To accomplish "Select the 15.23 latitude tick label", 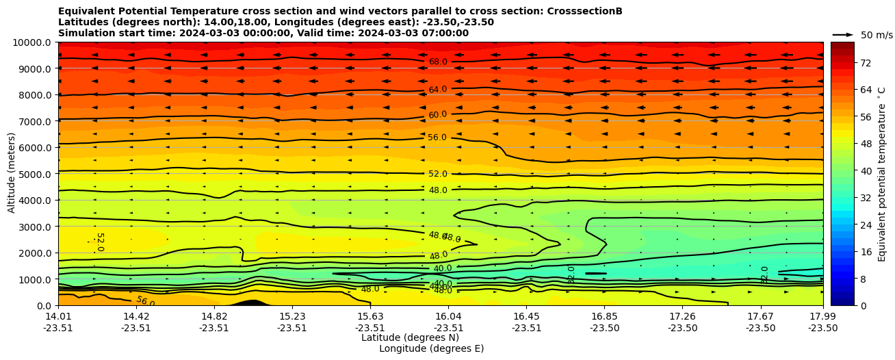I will (292, 316).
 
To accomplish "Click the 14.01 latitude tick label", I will (58, 316).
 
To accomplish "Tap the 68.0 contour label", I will (438, 62).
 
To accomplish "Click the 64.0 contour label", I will (438, 90).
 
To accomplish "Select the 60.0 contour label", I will (438, 115).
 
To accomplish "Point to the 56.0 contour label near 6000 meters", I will (437, 138).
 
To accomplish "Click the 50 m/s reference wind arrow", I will (843, 35).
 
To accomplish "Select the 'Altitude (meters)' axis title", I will (12, 174).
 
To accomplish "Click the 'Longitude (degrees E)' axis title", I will (431, 349).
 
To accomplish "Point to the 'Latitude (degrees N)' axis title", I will (410, 338).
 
